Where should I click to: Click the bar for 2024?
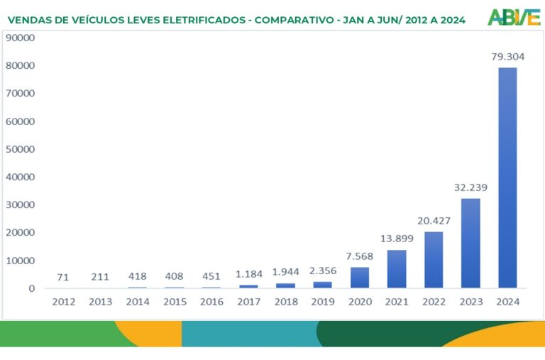coord(507,178)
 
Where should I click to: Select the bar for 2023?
coord(470,243)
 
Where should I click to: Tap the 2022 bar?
coord(434,260)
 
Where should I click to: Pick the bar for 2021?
coord(397,269)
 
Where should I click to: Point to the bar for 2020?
coord(360,278)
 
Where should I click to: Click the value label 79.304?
coord(508,56)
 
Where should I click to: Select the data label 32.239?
coord(471,187)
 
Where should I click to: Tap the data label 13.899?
coord(397,239)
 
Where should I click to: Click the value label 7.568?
coord(360,256)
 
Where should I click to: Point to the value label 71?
coord(64,276)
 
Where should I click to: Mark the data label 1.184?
coord(249,274)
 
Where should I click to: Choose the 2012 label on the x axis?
coord(64,302)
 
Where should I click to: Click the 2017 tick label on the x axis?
coord(249,302)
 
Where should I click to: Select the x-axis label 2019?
coord(323,302)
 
